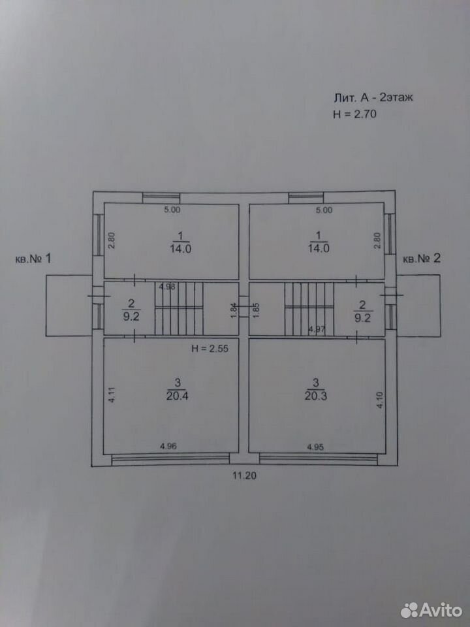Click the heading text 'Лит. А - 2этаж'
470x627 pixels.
point(373,97)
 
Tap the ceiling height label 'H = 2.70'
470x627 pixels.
point(355,114)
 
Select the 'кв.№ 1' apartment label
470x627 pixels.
point(33,259)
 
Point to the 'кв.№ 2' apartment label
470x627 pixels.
point(422,259)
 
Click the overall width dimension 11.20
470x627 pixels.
point(244,475)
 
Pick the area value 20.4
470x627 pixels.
point(178,396)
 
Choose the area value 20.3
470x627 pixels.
point(316,396)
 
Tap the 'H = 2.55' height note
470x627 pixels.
point(210,348)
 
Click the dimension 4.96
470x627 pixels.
point(168,447)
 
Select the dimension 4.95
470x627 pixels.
point(315,447)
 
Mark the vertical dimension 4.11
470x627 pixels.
point(112,394)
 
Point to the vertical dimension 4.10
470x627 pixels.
point(380,400)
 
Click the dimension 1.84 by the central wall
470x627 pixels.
point(234,310)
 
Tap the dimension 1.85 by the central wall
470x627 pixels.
point(257,310)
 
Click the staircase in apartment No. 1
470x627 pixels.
point(179,308)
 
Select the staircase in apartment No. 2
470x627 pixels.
point(309,309)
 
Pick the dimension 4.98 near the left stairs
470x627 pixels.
point(168,287)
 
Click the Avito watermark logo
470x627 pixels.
point(431,610)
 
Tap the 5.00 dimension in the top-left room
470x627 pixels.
point(172,210)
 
